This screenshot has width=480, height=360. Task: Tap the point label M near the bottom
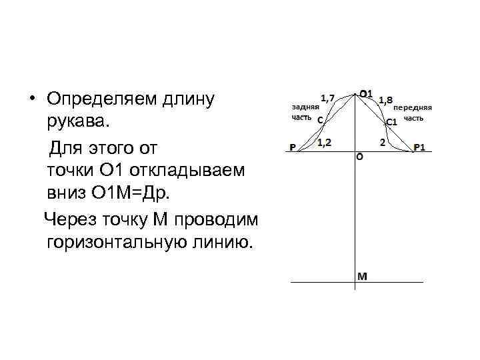pos(361,275)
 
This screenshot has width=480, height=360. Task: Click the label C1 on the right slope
pos(391,122)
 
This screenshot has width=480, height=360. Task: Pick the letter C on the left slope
pos(320,121)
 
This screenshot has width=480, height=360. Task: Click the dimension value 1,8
pos(385,101)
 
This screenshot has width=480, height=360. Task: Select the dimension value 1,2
pos(325,142)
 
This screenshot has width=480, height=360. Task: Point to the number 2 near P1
pos(383,142)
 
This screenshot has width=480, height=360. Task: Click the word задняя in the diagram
pos(306,106)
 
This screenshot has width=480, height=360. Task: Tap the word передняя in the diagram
pos(413,107)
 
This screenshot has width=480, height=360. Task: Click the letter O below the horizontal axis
pos(360,158)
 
